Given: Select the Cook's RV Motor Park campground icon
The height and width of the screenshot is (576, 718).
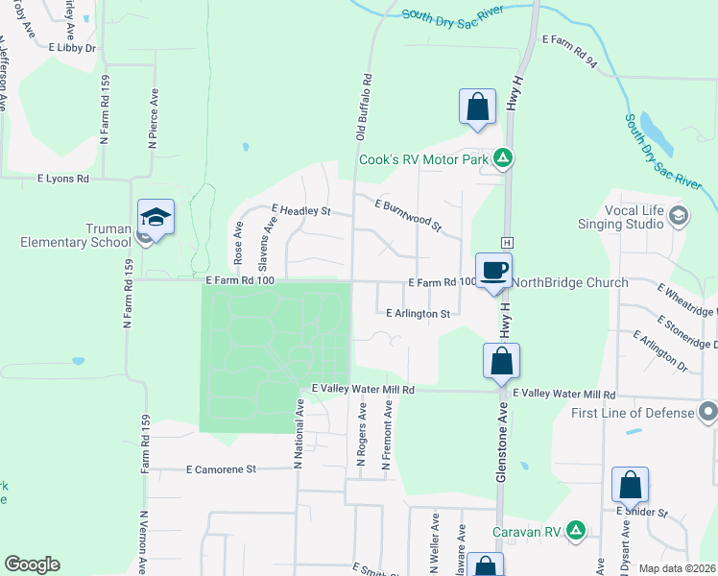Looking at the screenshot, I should point(502,158).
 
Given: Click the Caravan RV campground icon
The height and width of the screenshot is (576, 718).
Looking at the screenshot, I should point(575,530).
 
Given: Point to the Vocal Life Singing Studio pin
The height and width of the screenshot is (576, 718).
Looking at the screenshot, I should point(681,214).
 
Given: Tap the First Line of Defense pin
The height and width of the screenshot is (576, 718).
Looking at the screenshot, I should point(708,413).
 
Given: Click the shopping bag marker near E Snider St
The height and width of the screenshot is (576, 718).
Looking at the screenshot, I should point(631,485).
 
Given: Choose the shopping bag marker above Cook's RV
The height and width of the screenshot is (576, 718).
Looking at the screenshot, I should point(477,108).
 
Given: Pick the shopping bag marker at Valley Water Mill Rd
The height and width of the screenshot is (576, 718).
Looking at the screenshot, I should point(500,362).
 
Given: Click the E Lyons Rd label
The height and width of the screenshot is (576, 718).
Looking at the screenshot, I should point(63,179).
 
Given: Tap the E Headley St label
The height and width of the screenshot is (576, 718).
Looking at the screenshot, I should point(301,209).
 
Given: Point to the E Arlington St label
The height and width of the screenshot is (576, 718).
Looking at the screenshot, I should point(419,314).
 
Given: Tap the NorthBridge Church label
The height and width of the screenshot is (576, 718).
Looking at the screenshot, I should point(570,282).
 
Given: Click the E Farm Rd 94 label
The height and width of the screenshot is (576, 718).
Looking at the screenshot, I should point(569,40).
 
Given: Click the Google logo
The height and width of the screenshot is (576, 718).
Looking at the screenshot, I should point(32,564).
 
